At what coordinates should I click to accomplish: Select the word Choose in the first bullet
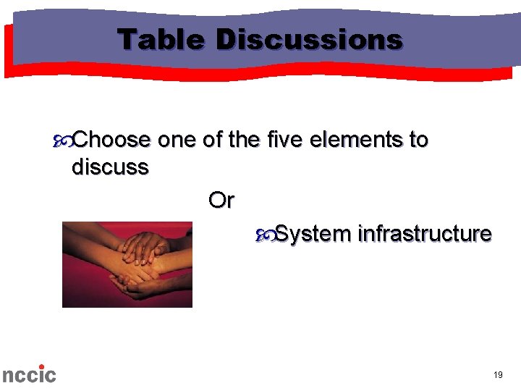112,139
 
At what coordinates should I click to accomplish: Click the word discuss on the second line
110,167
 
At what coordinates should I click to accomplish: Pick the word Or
221,200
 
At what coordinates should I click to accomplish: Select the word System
313,235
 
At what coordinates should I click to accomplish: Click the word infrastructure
425,235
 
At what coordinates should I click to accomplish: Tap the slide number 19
498,374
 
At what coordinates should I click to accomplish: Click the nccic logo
29,374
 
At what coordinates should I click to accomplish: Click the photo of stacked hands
127,264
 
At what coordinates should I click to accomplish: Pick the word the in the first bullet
244,139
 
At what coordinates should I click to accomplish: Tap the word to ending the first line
419,139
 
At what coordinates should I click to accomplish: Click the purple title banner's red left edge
9,51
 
